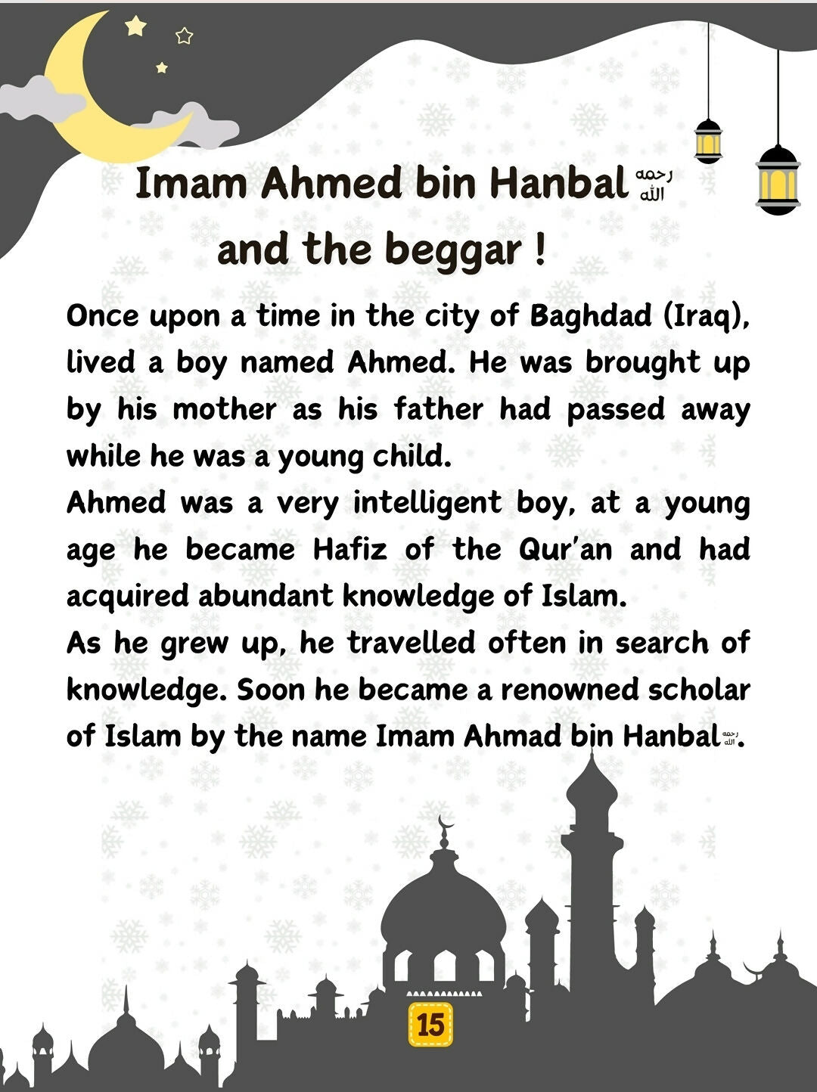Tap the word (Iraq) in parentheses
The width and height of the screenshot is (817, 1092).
coord(707,316)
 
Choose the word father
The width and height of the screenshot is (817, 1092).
coord(438,410)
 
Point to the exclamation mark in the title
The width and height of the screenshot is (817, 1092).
coord(539,250)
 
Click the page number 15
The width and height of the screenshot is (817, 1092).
coord(430,1025)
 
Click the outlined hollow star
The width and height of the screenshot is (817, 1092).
coord(184,36)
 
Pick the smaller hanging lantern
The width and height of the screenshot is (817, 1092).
coord(708,141)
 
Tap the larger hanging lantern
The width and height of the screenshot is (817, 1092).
coord(778,179)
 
